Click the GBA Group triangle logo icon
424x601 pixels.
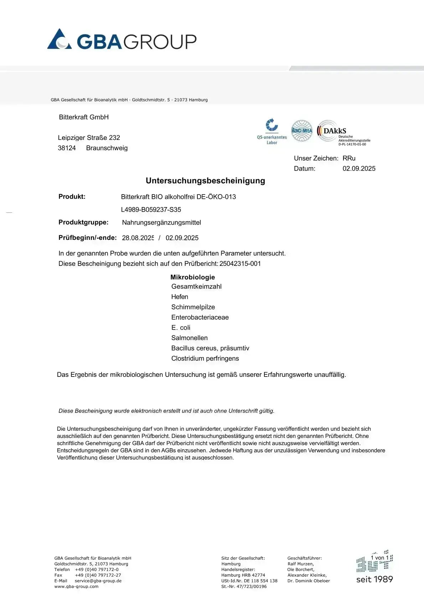point(59,39)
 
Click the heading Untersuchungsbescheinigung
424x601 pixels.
point(205,181)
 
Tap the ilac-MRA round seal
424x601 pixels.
point(302,131)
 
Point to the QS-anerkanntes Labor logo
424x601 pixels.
point(272,131)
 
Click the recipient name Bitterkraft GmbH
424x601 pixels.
point(84,117)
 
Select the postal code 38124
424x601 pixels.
point(67,148)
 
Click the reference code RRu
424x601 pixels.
point(349,158)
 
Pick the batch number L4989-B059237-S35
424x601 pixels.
point(151,209)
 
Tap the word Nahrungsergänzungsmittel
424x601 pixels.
point(161,222)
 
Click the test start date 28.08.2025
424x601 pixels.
point(138,238)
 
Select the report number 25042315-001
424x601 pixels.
point(240,263)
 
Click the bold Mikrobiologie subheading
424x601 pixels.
point(192,277)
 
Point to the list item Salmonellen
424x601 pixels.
point(189,338)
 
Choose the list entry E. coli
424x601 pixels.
point(181,327)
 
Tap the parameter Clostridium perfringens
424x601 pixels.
point(205,358)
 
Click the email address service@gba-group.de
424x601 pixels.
point(98,581)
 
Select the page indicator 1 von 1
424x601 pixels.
point(379,557)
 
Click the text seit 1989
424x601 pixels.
point(374,579)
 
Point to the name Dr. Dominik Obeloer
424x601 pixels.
point(309,581)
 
